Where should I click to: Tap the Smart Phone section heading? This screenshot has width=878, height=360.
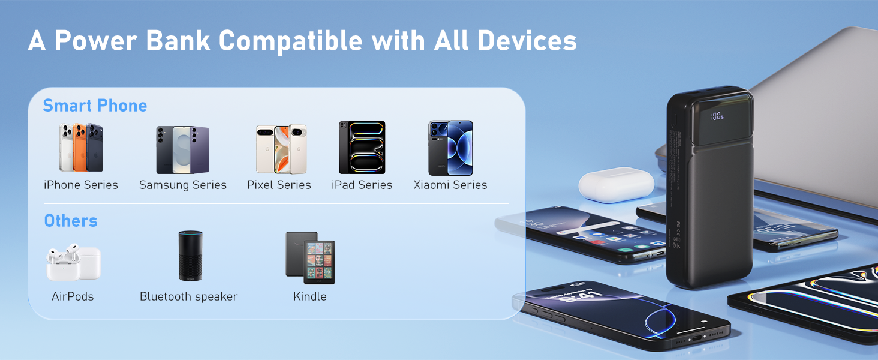coord(95,106)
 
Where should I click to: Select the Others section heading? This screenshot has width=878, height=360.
coord(71,221)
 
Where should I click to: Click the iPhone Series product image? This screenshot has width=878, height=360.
coord(81,148)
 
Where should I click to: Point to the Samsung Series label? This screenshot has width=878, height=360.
coord(183,185)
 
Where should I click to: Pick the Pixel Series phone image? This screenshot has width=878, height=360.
coord(281,149)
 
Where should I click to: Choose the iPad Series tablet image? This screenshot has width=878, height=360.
coord(362,148)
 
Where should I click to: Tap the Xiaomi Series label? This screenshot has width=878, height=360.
coord(450,185)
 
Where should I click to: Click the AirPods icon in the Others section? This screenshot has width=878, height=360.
coord(73,262)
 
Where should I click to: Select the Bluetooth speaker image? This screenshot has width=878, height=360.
coord(191,256)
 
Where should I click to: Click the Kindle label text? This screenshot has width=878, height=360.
coord(310,296)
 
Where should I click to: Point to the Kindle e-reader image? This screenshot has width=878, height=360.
coord(310,257)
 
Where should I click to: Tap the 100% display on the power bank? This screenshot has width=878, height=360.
coord(717,116)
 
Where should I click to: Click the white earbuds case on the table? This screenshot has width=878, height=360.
coord(617,185)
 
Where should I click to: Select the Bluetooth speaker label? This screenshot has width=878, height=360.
coord(189,296)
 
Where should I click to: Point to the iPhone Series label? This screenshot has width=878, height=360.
coord(81,185)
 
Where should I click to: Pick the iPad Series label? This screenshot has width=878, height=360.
coord(362,185)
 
